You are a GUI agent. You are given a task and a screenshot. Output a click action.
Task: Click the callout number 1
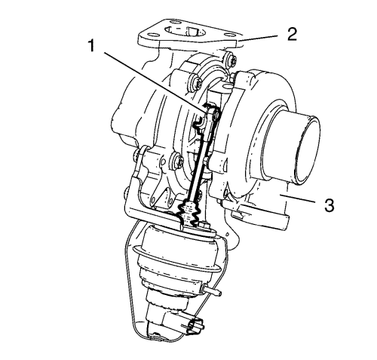point(92,46)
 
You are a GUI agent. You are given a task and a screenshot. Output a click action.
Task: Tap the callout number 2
point(292,35)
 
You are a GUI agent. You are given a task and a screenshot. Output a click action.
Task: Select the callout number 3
point(329,205)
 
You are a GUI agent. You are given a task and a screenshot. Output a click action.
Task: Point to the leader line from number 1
point(155,81)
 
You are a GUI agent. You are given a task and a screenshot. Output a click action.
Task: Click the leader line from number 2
point(259,38)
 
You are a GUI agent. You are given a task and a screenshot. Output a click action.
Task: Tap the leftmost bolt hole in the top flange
point(149,35)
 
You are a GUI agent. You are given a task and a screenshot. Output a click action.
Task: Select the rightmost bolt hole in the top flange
point(228,35)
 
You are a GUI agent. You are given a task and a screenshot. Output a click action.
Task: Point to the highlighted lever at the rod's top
point(208,118)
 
